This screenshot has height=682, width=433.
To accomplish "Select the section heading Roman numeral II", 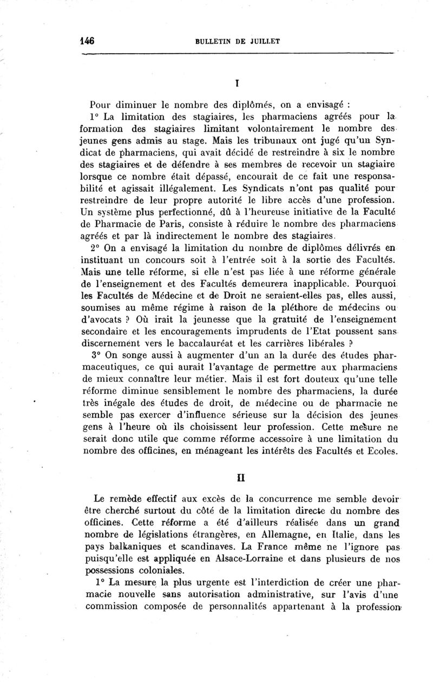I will pos(238,479).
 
